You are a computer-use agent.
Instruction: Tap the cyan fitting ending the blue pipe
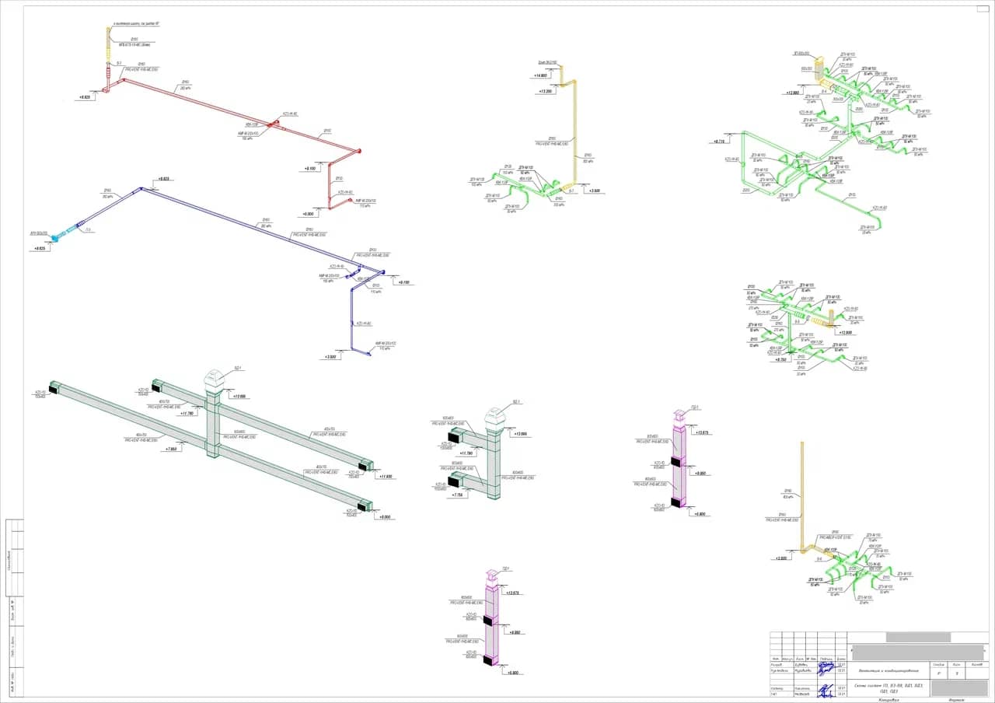pyautogui.click(x=55, y=238)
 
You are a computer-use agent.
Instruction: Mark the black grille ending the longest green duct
pyautogui.click(x=55, y=387)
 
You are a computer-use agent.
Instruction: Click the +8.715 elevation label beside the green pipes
pyautogui.click(x=718, y=142)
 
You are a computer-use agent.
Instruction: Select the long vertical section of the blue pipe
pyautogui.click(x=352, y=319)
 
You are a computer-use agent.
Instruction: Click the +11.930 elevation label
pyautogui.click(x=386, y=476)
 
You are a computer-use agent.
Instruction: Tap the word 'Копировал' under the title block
pyautogui.click(x=889, y=699)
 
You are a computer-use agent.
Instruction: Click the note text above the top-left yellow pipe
pyautogui.click(x=137, y=25)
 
